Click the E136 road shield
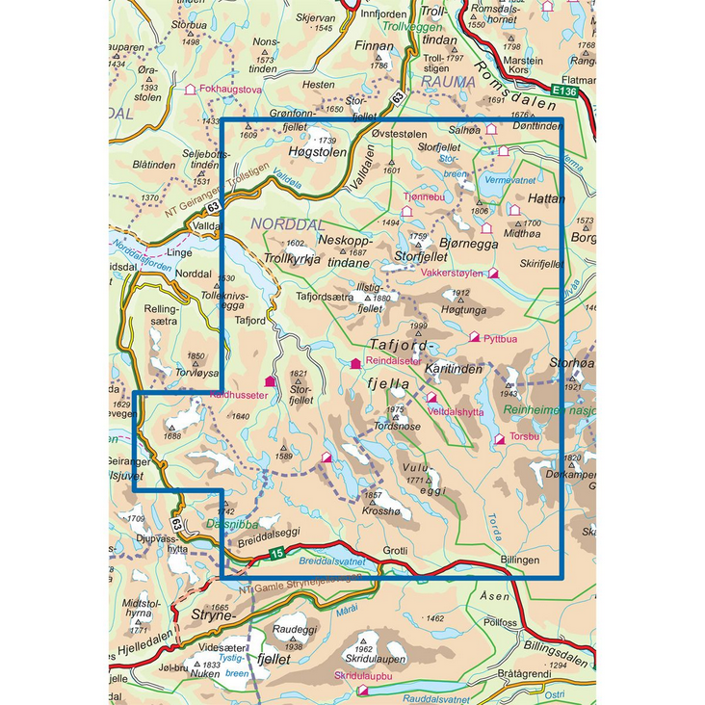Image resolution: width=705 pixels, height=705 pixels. pos(566,92)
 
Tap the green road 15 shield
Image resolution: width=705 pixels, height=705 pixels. pos(276,553)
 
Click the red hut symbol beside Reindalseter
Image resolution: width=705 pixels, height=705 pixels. pos(356,362)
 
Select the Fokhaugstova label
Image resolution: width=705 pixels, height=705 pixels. pos(230,90)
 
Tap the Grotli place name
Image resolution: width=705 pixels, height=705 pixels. pos(396,552)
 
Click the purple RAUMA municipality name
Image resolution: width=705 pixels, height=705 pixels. pos(449,82)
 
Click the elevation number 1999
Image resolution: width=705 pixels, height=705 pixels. pos(417,326)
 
